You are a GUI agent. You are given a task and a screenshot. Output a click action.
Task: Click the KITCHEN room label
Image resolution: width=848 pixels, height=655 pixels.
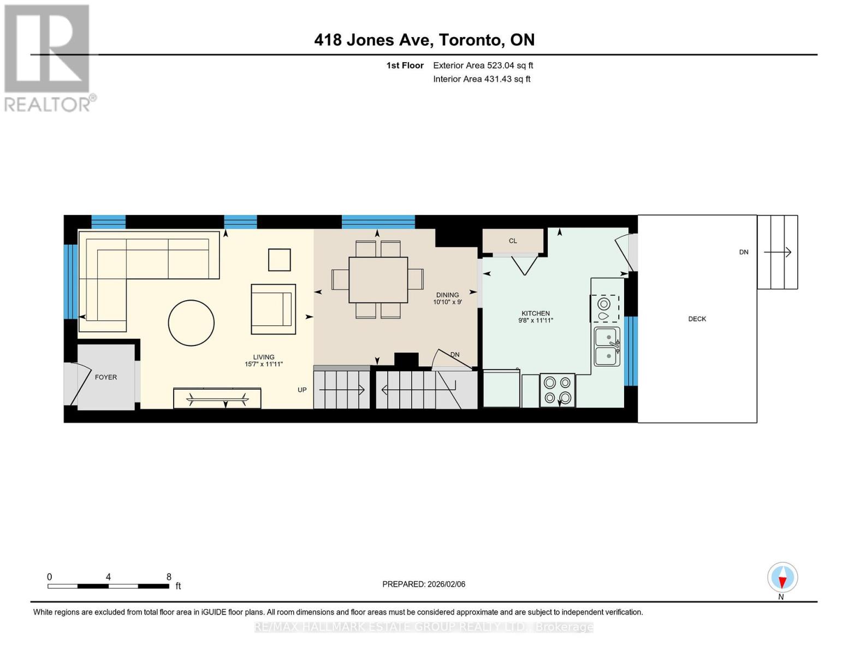point(535,313)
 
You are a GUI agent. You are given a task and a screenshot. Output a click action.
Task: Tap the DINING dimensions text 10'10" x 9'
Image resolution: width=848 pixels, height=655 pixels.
point(447,302)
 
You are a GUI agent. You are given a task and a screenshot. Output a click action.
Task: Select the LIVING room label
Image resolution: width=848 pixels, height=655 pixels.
point(263,357)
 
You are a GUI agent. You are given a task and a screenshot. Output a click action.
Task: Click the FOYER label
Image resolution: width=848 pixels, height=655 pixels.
point(106,377)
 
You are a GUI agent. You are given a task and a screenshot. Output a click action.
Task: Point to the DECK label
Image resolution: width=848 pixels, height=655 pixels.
point(697,319)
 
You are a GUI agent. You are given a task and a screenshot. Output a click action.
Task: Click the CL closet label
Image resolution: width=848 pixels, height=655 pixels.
point(512,241)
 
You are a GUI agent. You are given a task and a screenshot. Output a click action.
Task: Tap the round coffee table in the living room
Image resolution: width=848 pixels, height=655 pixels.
point(191,323)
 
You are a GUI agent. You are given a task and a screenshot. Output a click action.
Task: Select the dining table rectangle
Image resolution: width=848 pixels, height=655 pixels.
point(378,279)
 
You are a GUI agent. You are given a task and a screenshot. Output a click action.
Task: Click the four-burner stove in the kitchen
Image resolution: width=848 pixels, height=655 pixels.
point(557,390)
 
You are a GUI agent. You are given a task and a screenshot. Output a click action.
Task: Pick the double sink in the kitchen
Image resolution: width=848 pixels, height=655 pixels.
point(607,347)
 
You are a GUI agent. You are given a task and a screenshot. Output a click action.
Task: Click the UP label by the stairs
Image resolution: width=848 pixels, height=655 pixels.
point(302,390)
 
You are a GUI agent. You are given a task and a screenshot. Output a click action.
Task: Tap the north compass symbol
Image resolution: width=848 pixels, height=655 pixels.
point(782,577)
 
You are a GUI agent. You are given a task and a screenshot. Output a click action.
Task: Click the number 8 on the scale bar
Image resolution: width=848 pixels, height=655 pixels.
point(169,577)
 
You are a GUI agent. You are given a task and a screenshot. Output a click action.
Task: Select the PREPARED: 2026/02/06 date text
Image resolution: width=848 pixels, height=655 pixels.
point(424,584)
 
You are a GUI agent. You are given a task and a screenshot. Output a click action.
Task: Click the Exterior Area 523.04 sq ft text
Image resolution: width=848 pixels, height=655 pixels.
point(483,65)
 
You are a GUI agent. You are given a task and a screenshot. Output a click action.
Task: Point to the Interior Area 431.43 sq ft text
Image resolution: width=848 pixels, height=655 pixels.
point(482,79)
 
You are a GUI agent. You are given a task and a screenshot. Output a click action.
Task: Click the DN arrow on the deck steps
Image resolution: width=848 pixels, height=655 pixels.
point(778,252)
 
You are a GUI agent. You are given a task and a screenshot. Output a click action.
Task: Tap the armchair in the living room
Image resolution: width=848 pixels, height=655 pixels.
point(272,309)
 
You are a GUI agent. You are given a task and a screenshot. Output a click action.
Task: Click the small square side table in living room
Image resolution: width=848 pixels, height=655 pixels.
point(279,260)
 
